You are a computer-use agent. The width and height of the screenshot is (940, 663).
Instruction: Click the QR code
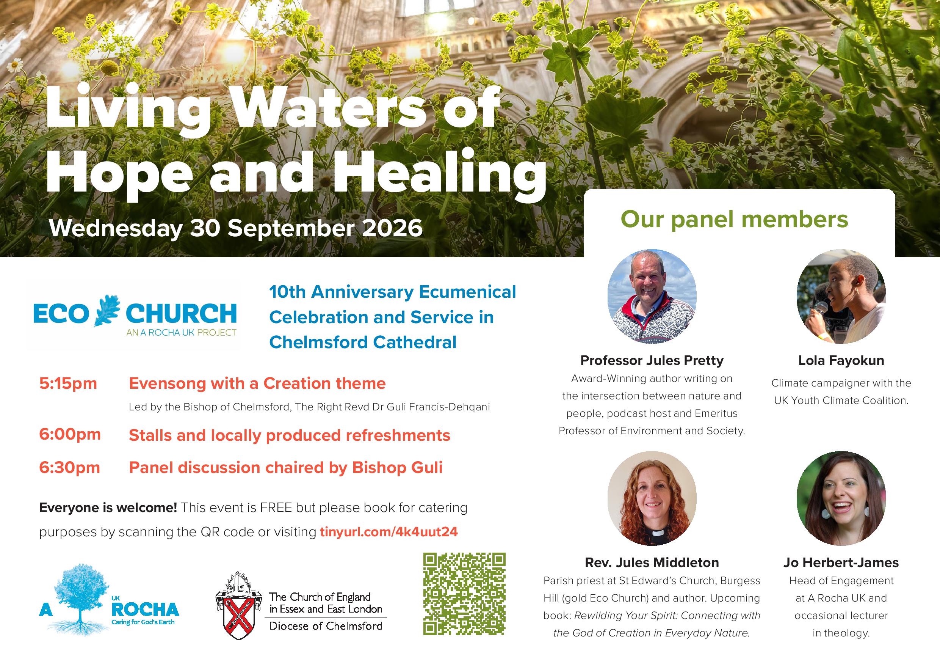click(x=464, y=594)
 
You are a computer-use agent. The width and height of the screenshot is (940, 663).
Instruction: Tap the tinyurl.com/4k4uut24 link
click(x=389, y=531)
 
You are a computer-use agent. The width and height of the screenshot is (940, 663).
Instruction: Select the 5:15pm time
click(x=68, y=384)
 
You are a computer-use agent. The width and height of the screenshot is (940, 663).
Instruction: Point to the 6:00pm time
click(x=70, y=434)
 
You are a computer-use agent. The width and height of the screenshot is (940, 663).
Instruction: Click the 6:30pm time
click(x=70, y=468)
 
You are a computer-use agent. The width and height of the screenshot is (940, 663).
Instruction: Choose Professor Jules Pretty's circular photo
click(x=652, y=296)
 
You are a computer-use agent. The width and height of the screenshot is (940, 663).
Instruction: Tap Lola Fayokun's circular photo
click(x=841, y=296)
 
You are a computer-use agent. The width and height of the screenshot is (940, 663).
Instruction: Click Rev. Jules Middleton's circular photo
click(x=652, y=498)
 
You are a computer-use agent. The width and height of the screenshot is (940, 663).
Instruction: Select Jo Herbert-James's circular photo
click(x=841, y=498)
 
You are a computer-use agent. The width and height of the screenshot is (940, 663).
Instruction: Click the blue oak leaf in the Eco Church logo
click(x=107, y=311)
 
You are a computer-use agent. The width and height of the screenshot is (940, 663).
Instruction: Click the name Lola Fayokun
click(x=841, y=360)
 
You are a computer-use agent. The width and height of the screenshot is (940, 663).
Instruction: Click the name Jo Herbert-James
click(x=841, y=562)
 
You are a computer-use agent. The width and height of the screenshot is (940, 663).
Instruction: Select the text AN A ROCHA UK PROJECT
click(x=182, y=332)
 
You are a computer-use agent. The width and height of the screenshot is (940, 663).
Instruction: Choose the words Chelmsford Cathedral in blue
click(x=363, y=342)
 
